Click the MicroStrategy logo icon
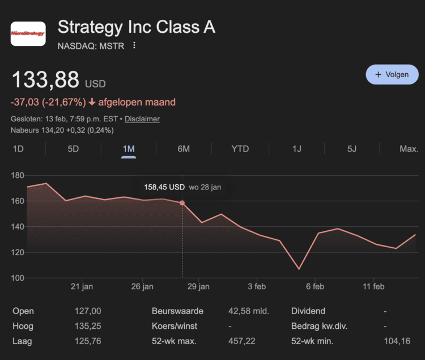click(x=28, y=33)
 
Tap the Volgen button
click(x=392, y=74)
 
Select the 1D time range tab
click(x=18, y=149)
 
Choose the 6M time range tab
click(x=184, y=149)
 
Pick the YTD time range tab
click(x=240, y=149)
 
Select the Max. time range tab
click(x=409, y=149)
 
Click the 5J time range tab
click(x=352, y=149)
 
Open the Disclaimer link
click(x=142, y=119)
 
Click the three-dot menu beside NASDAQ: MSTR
click(x=134, y=45)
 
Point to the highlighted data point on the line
click(x=182, y=203)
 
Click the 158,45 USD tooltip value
click(x=164, y=187)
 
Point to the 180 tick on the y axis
click(x=17, y=176)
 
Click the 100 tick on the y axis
click(x=17, y=278)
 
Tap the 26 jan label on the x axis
click(x=142, y=287)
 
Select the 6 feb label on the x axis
click(x=315, y=287)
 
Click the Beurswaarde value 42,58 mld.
click(x=250, y=311)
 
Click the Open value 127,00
click(x=88, y=311)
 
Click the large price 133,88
click(x=45, y=80)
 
